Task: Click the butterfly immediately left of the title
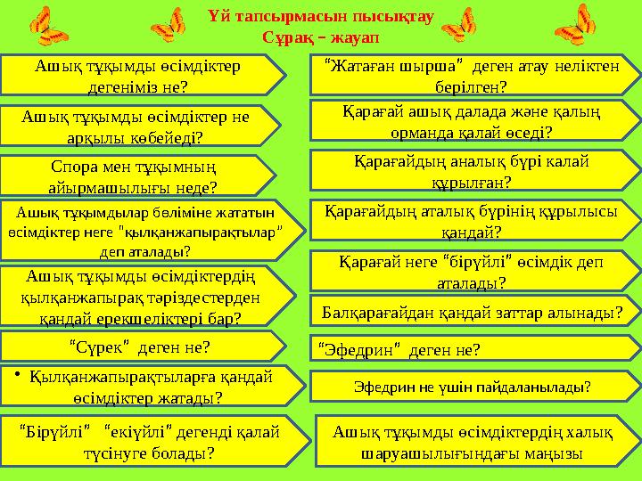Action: click(x=169, y=26)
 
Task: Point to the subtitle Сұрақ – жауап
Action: click(x=320, y=38)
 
